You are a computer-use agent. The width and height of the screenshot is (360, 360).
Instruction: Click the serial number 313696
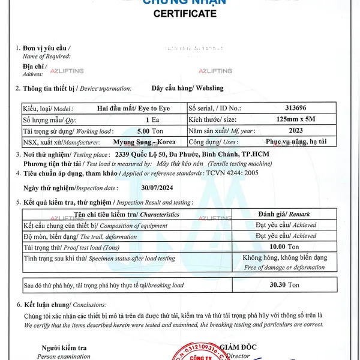point(296,109)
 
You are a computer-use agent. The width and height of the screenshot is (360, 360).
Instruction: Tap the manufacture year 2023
point(296,131)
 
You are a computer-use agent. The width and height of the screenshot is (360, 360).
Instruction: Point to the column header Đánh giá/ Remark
point(283,214)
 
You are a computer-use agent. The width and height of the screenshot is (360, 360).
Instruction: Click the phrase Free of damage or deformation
point(284,268)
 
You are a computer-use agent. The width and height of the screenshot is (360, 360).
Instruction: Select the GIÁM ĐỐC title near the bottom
point(238,347)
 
